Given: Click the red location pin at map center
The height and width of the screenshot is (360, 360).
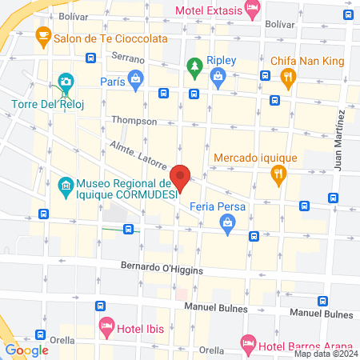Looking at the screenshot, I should (x=180, y=177).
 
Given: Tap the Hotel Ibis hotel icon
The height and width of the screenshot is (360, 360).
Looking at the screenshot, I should (x=106, y=326).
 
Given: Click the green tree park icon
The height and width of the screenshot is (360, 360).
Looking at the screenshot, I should (x=192, y=66).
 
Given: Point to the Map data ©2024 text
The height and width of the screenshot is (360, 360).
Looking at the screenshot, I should (x=325, y=354).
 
